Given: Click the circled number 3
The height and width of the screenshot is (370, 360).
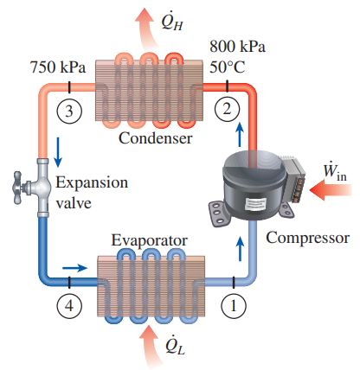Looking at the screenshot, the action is [x=68, y=111].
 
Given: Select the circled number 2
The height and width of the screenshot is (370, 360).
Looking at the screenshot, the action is [x=227, y=109].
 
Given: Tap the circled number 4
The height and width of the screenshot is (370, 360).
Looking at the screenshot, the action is [x=68, y=306].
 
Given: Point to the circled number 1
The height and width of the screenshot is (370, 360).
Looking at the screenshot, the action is [x=234, y=306].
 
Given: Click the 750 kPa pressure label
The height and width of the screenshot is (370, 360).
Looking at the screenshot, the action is [x=58, y=67].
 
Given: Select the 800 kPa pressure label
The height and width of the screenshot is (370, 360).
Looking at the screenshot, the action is [x=237, y=46].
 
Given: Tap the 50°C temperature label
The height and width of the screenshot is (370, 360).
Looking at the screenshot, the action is [x=228, y=67].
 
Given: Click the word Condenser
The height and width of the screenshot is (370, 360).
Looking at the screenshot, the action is [x=155, y=138].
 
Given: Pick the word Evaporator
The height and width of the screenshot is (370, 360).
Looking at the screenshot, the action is [x=150, y=240].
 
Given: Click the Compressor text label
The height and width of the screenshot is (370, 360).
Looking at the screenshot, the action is [x=308, y=238].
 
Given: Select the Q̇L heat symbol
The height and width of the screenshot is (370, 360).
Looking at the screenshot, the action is [x=175, y=345].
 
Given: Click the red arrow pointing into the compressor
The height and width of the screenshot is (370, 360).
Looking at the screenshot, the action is [x=331, y=190].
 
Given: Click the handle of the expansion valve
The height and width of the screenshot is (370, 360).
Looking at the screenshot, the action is [x=18, y=188].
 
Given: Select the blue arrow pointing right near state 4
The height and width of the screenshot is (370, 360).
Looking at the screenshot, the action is [x=74, y=268].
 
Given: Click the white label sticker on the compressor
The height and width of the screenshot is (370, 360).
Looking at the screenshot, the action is [x=254, y=204].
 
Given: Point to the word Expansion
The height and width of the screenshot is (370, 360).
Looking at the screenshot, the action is [x=92, y=182].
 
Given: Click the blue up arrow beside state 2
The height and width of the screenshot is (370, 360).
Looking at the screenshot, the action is [x=240, y=134].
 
